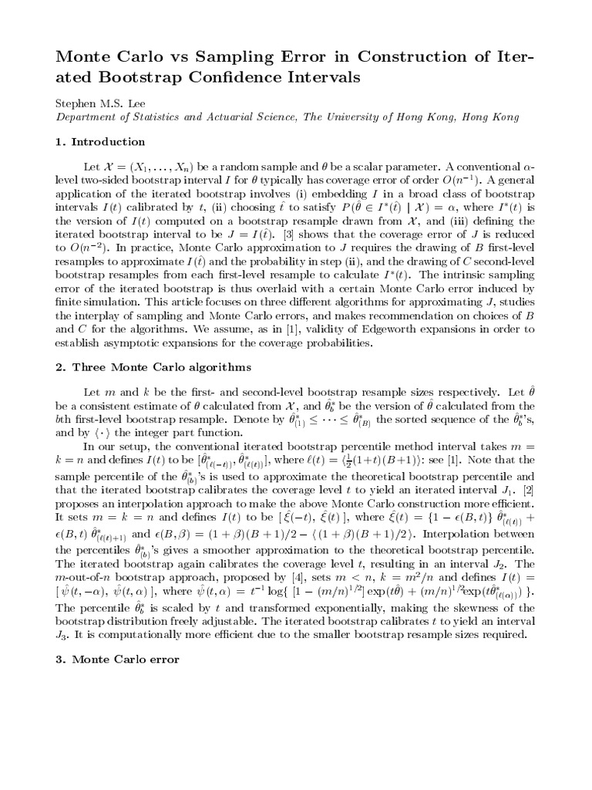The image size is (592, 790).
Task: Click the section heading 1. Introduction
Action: click(100, 142)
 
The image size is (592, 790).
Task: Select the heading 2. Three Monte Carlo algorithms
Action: click(143, 367)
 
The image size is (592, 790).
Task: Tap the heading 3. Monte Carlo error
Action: click(117, 660)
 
